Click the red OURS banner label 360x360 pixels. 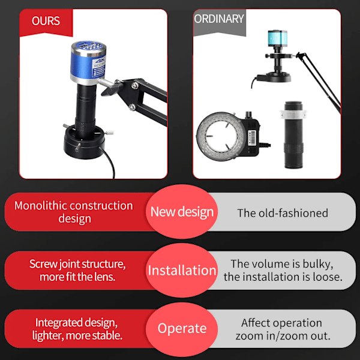(x=46, y=22)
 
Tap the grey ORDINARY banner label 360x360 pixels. (x=220, y=22)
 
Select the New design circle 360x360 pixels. (x=182, y=211)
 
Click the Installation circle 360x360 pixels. (x=182, y=270)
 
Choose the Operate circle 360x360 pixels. (x=182, y=329)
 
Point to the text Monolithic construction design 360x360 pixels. (x=74, y=212)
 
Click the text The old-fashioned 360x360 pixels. (x=283, y=213)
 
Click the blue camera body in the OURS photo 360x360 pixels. (x=89, y=62)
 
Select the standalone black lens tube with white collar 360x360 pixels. (x=293, y=135)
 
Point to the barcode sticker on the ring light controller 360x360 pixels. (x=253, y=138)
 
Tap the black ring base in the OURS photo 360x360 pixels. (x=84, y=142)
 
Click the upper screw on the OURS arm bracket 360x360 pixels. (x=135, y=86)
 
